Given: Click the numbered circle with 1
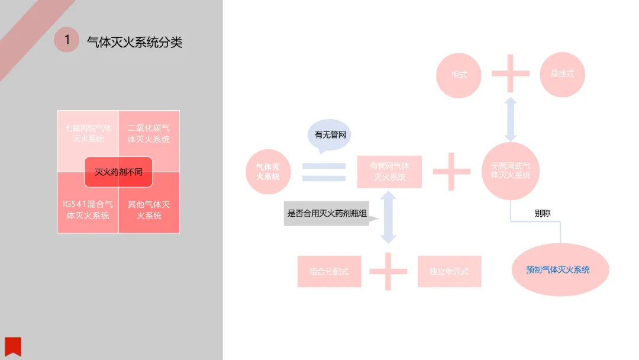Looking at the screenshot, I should [x=67, y=40].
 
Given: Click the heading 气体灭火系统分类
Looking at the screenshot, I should [x=134, y=41].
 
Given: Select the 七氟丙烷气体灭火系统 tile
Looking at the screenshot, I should [x=88, y=134].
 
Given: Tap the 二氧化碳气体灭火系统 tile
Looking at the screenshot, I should [x=149, y=134].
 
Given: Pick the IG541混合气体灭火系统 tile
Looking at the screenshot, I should [x=87, y=210].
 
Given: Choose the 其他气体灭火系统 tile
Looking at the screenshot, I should [x=149, y=210].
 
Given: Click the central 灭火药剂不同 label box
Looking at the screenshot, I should [x=118, y=172].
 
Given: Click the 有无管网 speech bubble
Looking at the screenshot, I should [x=330, y=136].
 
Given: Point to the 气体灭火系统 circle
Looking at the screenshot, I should [x=268, y=172].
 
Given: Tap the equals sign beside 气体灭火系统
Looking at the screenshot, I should [x=324, y=172].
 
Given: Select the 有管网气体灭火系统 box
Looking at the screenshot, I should [x=389, y=172].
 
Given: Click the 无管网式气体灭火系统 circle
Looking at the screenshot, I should [x=511, y=171].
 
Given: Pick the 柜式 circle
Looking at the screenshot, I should [x=459, y=75].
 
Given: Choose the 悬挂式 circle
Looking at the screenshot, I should [x=562, y=75].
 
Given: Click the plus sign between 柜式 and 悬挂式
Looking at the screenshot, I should [x=510, y=73].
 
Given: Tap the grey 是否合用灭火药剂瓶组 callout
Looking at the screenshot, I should [x=328, y=213].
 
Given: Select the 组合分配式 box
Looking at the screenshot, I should [x=329, y=271].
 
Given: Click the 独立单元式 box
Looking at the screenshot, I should [x=449, y=271].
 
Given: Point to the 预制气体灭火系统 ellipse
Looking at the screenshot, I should [x=560, y=270].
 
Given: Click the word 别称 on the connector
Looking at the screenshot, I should [x=542, y=213].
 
